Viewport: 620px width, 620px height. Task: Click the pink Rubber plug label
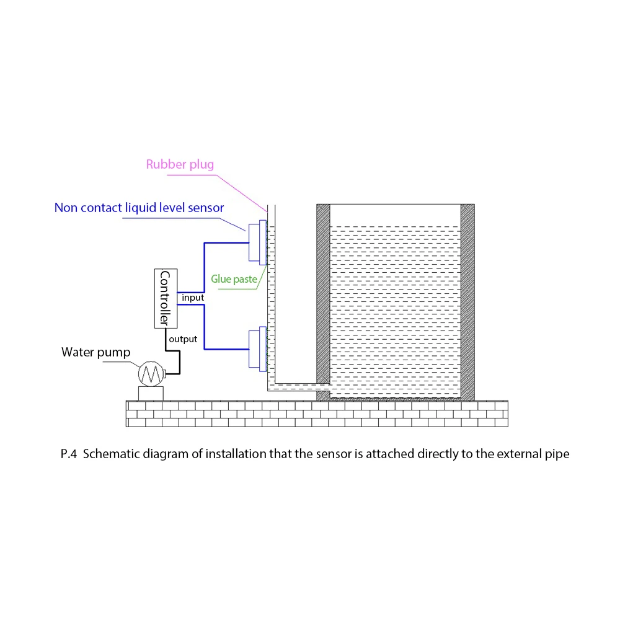point(180,165)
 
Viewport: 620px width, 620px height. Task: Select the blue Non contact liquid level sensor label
point(139,208)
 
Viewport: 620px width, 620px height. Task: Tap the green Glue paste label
point(234,280)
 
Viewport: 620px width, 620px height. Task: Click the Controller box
point(165,298)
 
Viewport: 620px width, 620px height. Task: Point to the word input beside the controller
point(193,298)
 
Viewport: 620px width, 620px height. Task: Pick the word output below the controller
point(184,339)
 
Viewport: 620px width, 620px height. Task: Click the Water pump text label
point(96,353)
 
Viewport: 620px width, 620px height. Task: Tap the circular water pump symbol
point(149,373)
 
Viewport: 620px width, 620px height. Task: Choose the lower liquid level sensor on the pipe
point(256,348)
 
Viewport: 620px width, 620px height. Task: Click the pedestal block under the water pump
point(150,393)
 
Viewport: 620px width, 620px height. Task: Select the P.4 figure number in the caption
point(69,454)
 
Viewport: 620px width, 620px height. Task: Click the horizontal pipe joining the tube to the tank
point(294,387)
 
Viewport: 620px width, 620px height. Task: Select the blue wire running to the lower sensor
point(205,329)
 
